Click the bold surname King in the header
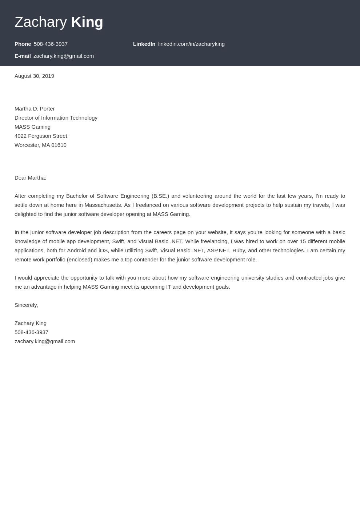pos(87,22)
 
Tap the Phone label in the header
pos(23,44)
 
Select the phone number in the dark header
pos(51,44)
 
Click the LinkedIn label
pos(144,44)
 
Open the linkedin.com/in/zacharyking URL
pos(191,44)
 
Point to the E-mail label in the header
pos(23,56)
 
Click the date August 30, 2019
pos(34,76)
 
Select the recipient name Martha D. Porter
pos(35,109)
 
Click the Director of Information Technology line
pos(56,118)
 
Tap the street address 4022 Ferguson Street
pos(41,136)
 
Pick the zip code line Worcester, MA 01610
pos(40,145)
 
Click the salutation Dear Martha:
pos(30,178)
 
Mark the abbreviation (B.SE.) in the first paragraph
pos(160,196)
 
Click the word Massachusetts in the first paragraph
pos(103,205)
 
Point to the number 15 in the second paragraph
pos(303,241)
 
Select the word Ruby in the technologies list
pos(239,251)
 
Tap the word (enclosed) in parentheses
pos(79,260)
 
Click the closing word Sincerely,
pos(26,305)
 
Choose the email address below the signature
pos(45,341)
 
